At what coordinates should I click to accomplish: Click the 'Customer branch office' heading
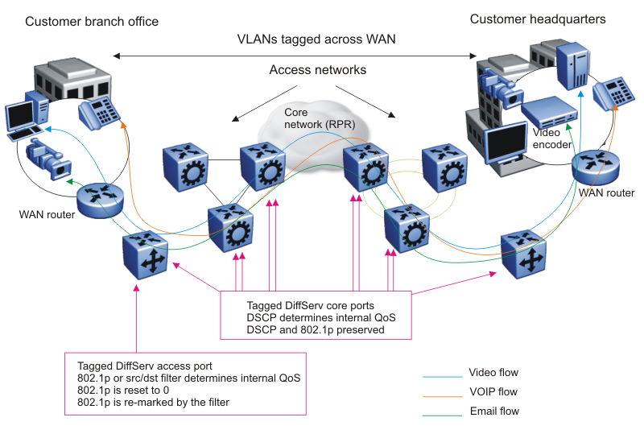[92, 21]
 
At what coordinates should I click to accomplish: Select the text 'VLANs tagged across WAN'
[316, 39]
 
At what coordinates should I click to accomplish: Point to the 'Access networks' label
[317, 70]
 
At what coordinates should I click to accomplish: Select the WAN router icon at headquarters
[597, 166]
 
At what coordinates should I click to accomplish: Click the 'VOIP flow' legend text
[493, 392]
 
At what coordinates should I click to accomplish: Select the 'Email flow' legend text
[493, 411]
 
